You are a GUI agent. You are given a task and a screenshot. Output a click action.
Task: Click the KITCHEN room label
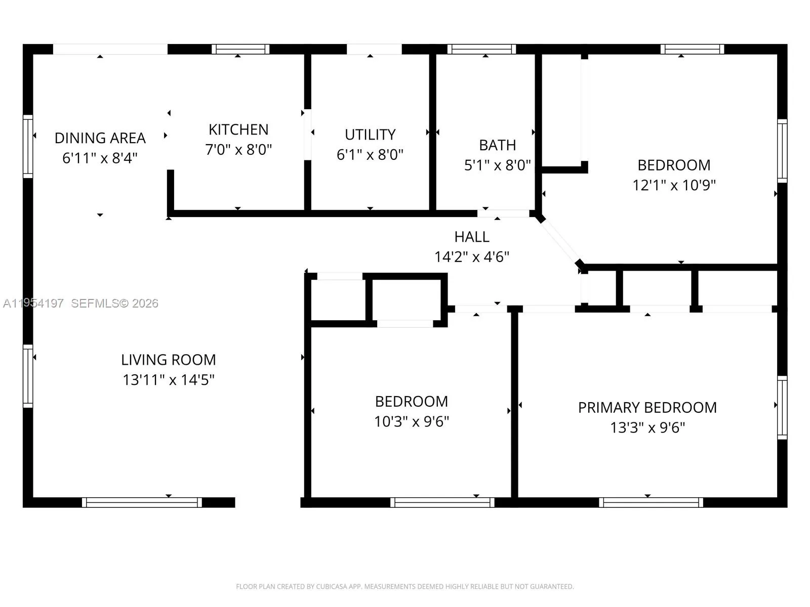click(x=238, y=129)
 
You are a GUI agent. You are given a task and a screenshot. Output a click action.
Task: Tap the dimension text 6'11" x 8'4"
click(x=100, y=158)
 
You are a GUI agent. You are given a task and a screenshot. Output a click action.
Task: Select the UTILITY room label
click(x=370, y=135)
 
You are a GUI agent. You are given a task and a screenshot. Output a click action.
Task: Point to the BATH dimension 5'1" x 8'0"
click(x=497, y=165)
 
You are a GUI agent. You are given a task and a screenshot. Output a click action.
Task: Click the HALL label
click(x=471, y=237)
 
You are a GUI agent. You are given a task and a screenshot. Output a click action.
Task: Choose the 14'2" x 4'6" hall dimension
click(x=471, y=257)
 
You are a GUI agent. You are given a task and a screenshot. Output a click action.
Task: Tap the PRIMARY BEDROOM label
click(x=647, y=407)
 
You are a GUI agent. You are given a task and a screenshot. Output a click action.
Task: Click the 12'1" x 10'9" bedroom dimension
click(x=674, y=185)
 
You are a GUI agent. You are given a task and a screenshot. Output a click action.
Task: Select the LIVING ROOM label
click(x=168, y=360)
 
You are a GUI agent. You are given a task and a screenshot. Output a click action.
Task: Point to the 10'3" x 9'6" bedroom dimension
click(x=412, y=421)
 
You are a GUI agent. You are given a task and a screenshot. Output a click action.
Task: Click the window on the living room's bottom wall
click(x=142, y=502)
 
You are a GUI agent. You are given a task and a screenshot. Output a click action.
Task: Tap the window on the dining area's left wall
click(x=28, y=147)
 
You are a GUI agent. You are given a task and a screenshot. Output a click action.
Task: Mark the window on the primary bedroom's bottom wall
click(x=651, y=502)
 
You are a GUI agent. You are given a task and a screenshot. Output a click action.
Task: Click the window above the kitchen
click(x=240, y=49)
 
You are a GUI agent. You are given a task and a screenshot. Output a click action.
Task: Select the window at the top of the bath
click(x=481, y=49)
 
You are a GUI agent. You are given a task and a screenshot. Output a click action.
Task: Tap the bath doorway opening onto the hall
click(x=503, y=213)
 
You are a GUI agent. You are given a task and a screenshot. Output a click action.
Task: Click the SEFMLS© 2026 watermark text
click(x=114, y=303)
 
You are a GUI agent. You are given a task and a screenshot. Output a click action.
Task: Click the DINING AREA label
click(x=100, y=138)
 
